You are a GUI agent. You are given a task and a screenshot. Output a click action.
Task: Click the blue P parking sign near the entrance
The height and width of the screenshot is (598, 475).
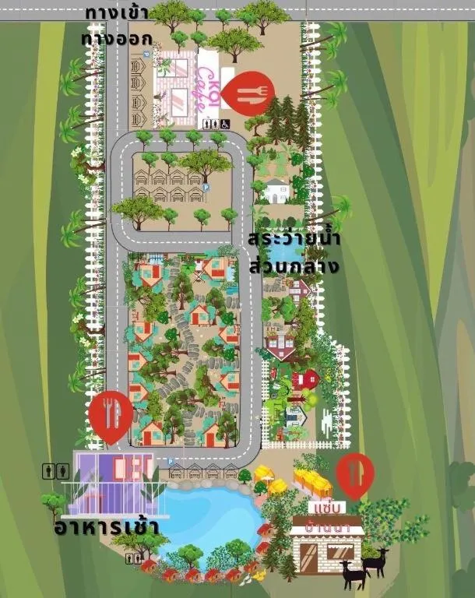coord(144,55)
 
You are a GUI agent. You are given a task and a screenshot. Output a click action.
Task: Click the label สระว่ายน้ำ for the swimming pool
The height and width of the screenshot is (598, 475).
coord(294,239)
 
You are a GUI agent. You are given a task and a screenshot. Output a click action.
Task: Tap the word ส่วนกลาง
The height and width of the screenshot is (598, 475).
coord(294,266)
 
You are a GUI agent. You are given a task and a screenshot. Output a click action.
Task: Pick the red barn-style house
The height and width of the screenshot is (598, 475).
coord(308,378)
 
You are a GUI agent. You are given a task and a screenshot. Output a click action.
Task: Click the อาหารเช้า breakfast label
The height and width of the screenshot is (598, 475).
coord(107,528)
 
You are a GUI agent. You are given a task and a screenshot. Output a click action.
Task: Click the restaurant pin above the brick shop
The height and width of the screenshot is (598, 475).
coord(354,474)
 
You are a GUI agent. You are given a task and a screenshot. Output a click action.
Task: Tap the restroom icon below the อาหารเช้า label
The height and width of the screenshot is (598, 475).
coord(133,558)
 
